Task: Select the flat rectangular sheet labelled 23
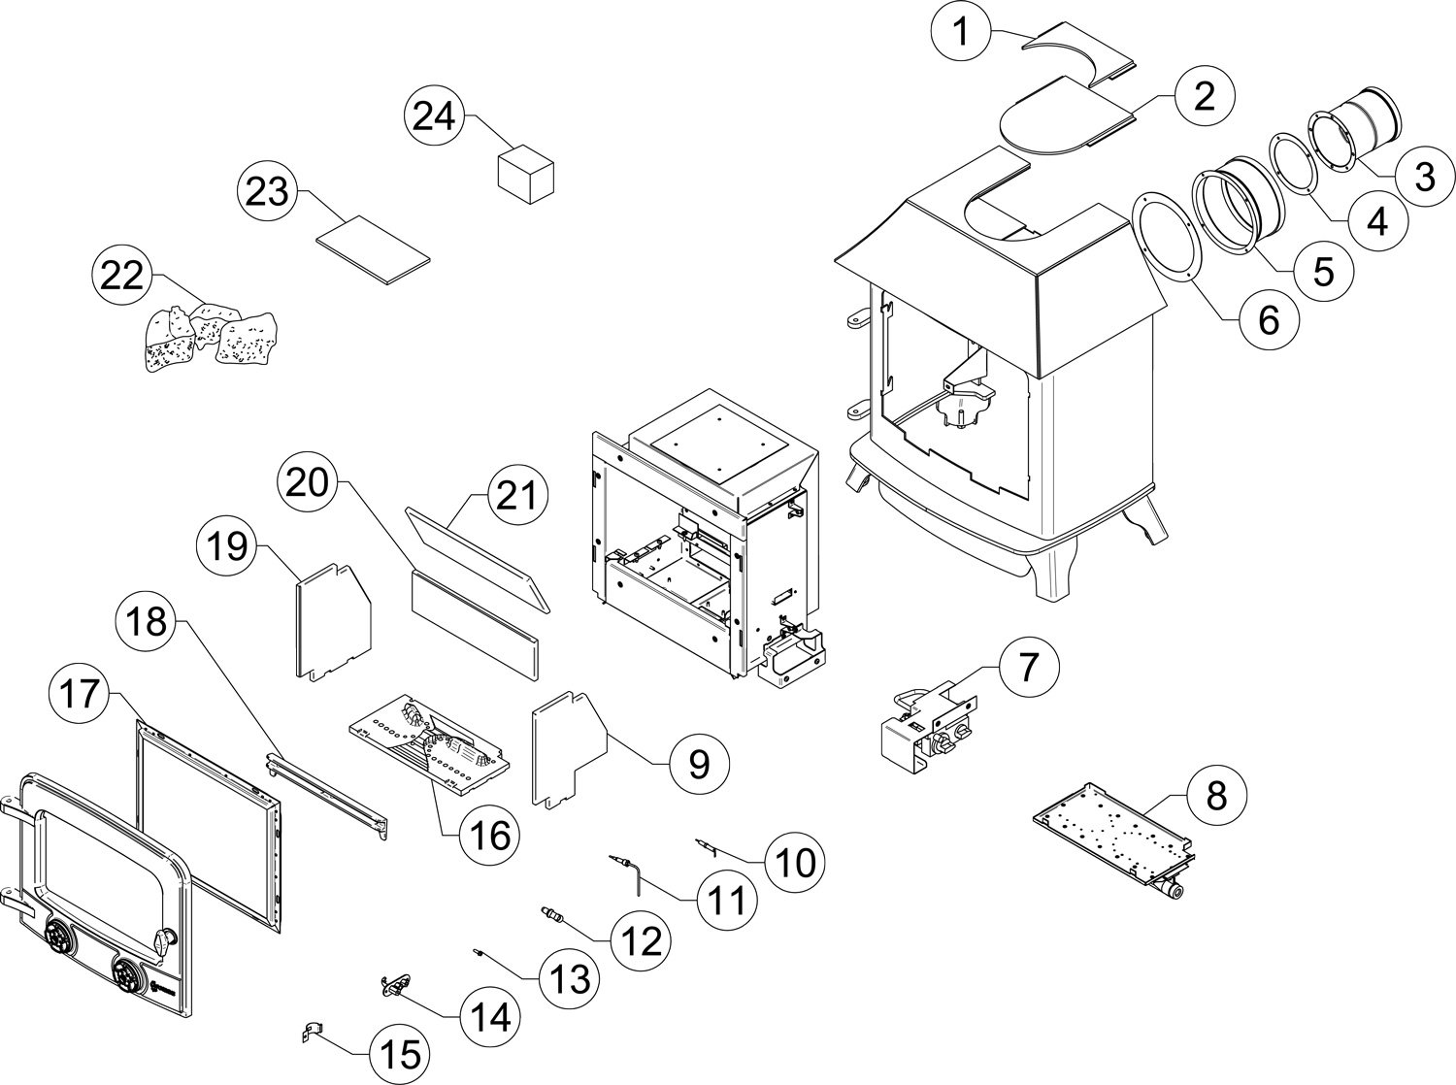(374, 249)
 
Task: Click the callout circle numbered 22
(122, 275)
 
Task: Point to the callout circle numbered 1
(961, 32)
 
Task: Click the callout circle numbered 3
(1425, 176)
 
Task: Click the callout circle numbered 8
(1216, 795)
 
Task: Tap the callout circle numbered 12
(641, 941)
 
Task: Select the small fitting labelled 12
(552, 915)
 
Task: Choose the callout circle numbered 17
(80, 694)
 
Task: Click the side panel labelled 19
(333, 621)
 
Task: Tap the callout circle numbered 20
(309, 482)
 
